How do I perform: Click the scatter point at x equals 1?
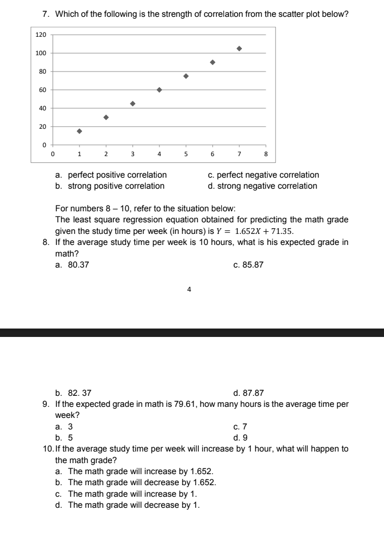(79, 131)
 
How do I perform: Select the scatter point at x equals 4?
(159, 90)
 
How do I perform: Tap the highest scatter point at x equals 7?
(239, 48)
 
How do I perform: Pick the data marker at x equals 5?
(186, 76)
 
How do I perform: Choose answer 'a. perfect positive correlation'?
(111, 175)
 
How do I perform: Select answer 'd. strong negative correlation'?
(262, 186)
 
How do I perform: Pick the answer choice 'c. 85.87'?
(248, 265)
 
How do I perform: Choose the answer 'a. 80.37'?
(72, 265)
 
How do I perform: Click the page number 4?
(189, 289)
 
